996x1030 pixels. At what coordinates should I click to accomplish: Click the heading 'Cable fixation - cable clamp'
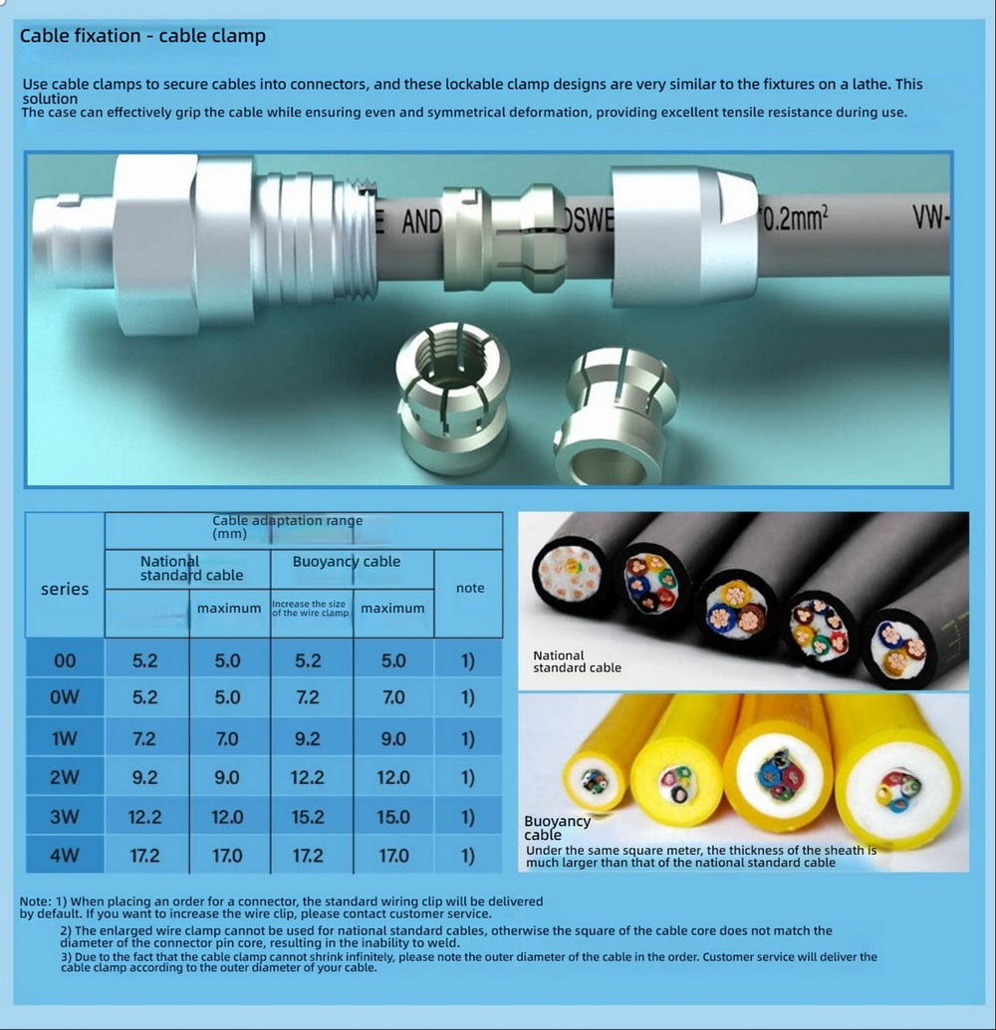142,36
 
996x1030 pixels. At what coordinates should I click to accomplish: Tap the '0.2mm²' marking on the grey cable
794,218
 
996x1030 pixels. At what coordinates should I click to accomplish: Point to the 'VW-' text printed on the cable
930,217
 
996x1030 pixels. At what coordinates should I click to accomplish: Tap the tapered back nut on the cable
683,236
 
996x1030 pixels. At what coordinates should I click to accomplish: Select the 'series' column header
65,590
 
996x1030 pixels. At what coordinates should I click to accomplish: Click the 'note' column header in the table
470,588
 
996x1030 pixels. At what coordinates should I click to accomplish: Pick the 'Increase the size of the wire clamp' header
310,609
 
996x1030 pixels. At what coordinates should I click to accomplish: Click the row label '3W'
65,817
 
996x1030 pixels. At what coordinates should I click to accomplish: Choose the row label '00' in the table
65,660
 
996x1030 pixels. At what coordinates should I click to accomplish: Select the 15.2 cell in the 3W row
308,817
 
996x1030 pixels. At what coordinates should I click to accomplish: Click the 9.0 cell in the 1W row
392,739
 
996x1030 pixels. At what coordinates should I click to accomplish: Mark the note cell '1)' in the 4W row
467,856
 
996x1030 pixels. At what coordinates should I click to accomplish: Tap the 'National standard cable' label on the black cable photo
577,661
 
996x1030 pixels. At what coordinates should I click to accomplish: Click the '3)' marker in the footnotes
66,957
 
